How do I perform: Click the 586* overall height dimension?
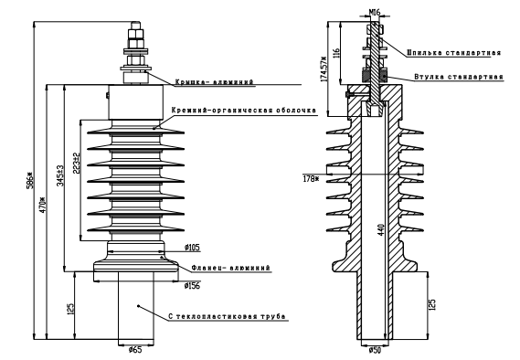[29, 180]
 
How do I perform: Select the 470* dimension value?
[42, 206]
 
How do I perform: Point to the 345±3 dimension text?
[60, 175]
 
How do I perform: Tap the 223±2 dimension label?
[77, 163]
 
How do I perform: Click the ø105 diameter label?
[192, 248]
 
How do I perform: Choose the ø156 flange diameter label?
[192, 285]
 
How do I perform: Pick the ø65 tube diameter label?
[135, 349]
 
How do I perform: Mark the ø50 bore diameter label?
[375, 350]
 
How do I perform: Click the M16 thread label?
[375, 12]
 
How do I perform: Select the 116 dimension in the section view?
[336, 53]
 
